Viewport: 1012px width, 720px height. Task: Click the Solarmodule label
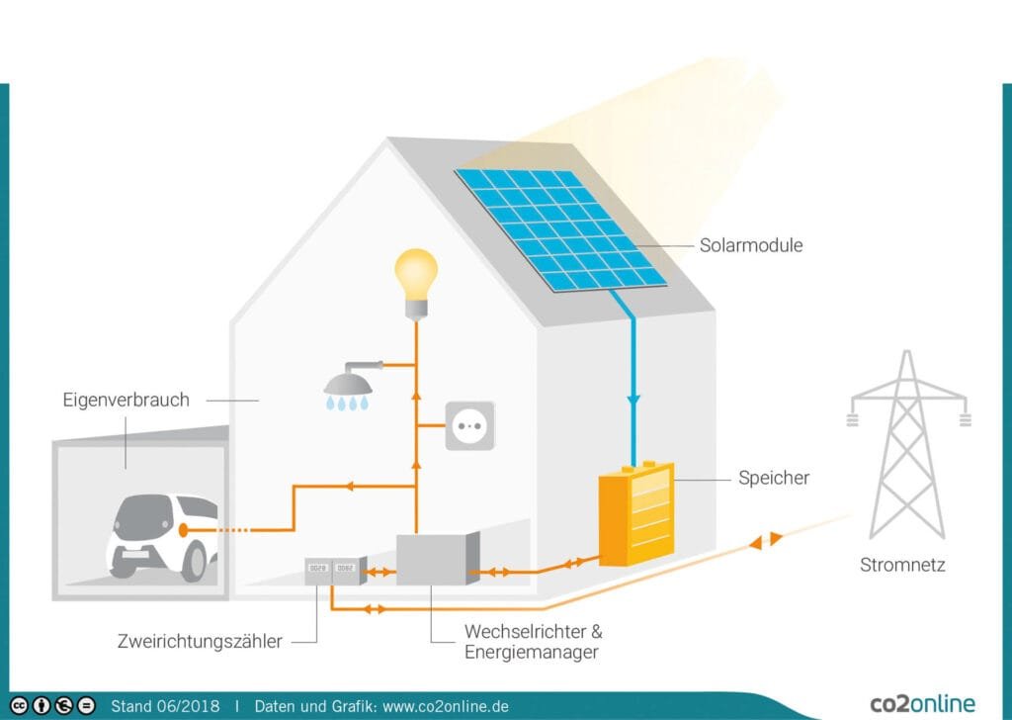[750, 245]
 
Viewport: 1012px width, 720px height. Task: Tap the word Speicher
[773, 478]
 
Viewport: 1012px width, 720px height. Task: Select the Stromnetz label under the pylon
[901, 566]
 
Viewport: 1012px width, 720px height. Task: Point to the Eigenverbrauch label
[126, 401]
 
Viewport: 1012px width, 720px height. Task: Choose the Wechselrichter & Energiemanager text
[533, 641]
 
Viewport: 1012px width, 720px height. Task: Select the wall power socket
[468, 425]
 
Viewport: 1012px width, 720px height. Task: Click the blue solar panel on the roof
[561, 230]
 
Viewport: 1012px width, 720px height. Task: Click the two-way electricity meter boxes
[332, 569]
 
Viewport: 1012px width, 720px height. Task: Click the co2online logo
[921, 704]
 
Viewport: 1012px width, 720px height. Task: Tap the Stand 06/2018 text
[165, 706]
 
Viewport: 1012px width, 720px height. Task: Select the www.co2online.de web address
[445, 706]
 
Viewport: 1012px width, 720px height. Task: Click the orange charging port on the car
[183, 530]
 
